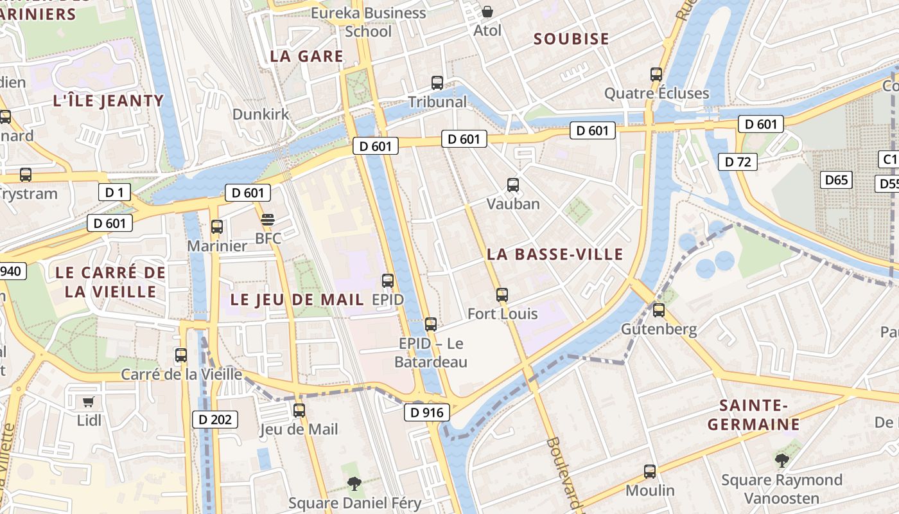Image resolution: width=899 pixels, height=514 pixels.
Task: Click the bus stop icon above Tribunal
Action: coord(437,82)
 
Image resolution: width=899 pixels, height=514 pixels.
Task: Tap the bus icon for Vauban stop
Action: coord(513,185)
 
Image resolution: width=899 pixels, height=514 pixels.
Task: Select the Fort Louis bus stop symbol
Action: coord(502,295)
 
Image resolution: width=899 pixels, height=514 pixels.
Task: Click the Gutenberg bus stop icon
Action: coord(659,310)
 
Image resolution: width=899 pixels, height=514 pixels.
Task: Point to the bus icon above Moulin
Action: coord(650,472)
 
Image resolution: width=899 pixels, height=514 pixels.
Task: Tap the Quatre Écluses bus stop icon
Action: coord(656,75)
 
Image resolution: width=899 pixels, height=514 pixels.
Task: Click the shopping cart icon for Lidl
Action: coord(89,402)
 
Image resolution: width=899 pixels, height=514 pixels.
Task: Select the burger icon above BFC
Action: coord(268,220)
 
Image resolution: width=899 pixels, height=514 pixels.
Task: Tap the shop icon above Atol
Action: coord(487,12)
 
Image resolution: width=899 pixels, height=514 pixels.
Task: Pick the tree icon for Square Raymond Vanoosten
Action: coord(781,460)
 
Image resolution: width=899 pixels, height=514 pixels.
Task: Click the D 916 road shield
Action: coord(427,412)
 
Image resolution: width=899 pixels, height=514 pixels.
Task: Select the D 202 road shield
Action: coord(215,420)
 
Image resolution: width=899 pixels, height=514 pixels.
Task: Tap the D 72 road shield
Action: coord(737,162)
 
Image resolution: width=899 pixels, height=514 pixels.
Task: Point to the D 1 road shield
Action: coord(114,191)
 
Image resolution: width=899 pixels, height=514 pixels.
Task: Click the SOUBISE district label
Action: coord(572,39)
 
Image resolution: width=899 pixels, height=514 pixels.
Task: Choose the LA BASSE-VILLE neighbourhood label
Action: coord(555,254)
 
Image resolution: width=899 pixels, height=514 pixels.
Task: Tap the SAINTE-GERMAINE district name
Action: coord(754,415)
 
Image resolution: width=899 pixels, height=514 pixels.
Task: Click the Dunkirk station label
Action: coord(261,114)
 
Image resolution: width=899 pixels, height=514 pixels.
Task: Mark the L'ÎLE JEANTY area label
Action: coord(109,101)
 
